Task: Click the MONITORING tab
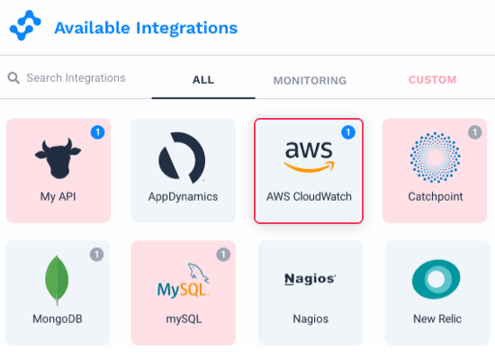coord(310,80)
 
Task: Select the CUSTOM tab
coord(433,80)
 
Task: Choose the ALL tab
coord(203,80)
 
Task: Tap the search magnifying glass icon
coord(13,78)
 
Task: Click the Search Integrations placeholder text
coord(76,77)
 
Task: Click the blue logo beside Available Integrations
coord(25,25)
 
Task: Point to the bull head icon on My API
coord(58,158)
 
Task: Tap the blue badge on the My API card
coord(97,132)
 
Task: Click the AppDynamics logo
coord(182,157)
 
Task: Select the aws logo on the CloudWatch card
coord(309,157)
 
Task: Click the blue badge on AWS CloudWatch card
coord(348,132)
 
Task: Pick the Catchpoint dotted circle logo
coord(435,157)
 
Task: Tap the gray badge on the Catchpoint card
coord(475,132)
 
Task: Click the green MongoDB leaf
coord(57,280)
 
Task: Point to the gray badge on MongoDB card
coord(96,255)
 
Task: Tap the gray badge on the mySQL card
coord(223,255)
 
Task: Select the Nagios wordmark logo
coord(310,279)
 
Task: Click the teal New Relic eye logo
coord(436,279)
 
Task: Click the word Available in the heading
coord(92,28)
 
